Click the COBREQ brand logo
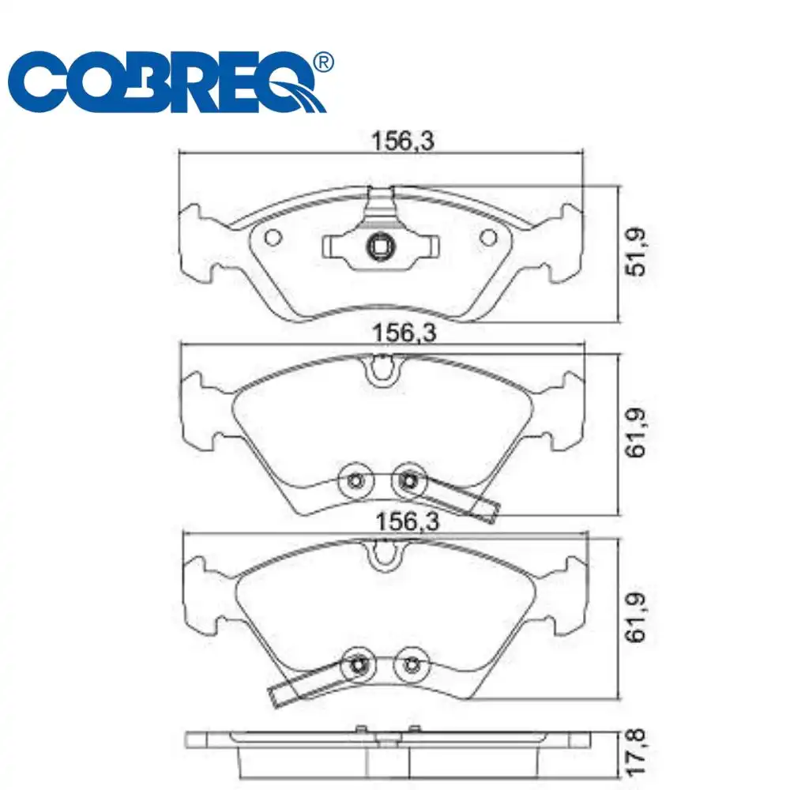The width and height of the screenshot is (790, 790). coord(166,81)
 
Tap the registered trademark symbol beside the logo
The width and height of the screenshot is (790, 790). coord(323,62)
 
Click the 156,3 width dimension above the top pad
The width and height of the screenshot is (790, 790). coord(402,141)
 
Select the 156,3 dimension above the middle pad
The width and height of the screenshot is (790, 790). coord(404,333)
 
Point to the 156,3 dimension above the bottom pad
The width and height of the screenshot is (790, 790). coord(408,521)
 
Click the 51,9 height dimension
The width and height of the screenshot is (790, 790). coord(636,252)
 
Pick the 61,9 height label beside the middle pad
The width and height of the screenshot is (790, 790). coord(636,432)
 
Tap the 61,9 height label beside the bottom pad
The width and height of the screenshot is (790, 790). coord(636,617)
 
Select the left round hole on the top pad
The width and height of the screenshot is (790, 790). coord(273,237)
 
